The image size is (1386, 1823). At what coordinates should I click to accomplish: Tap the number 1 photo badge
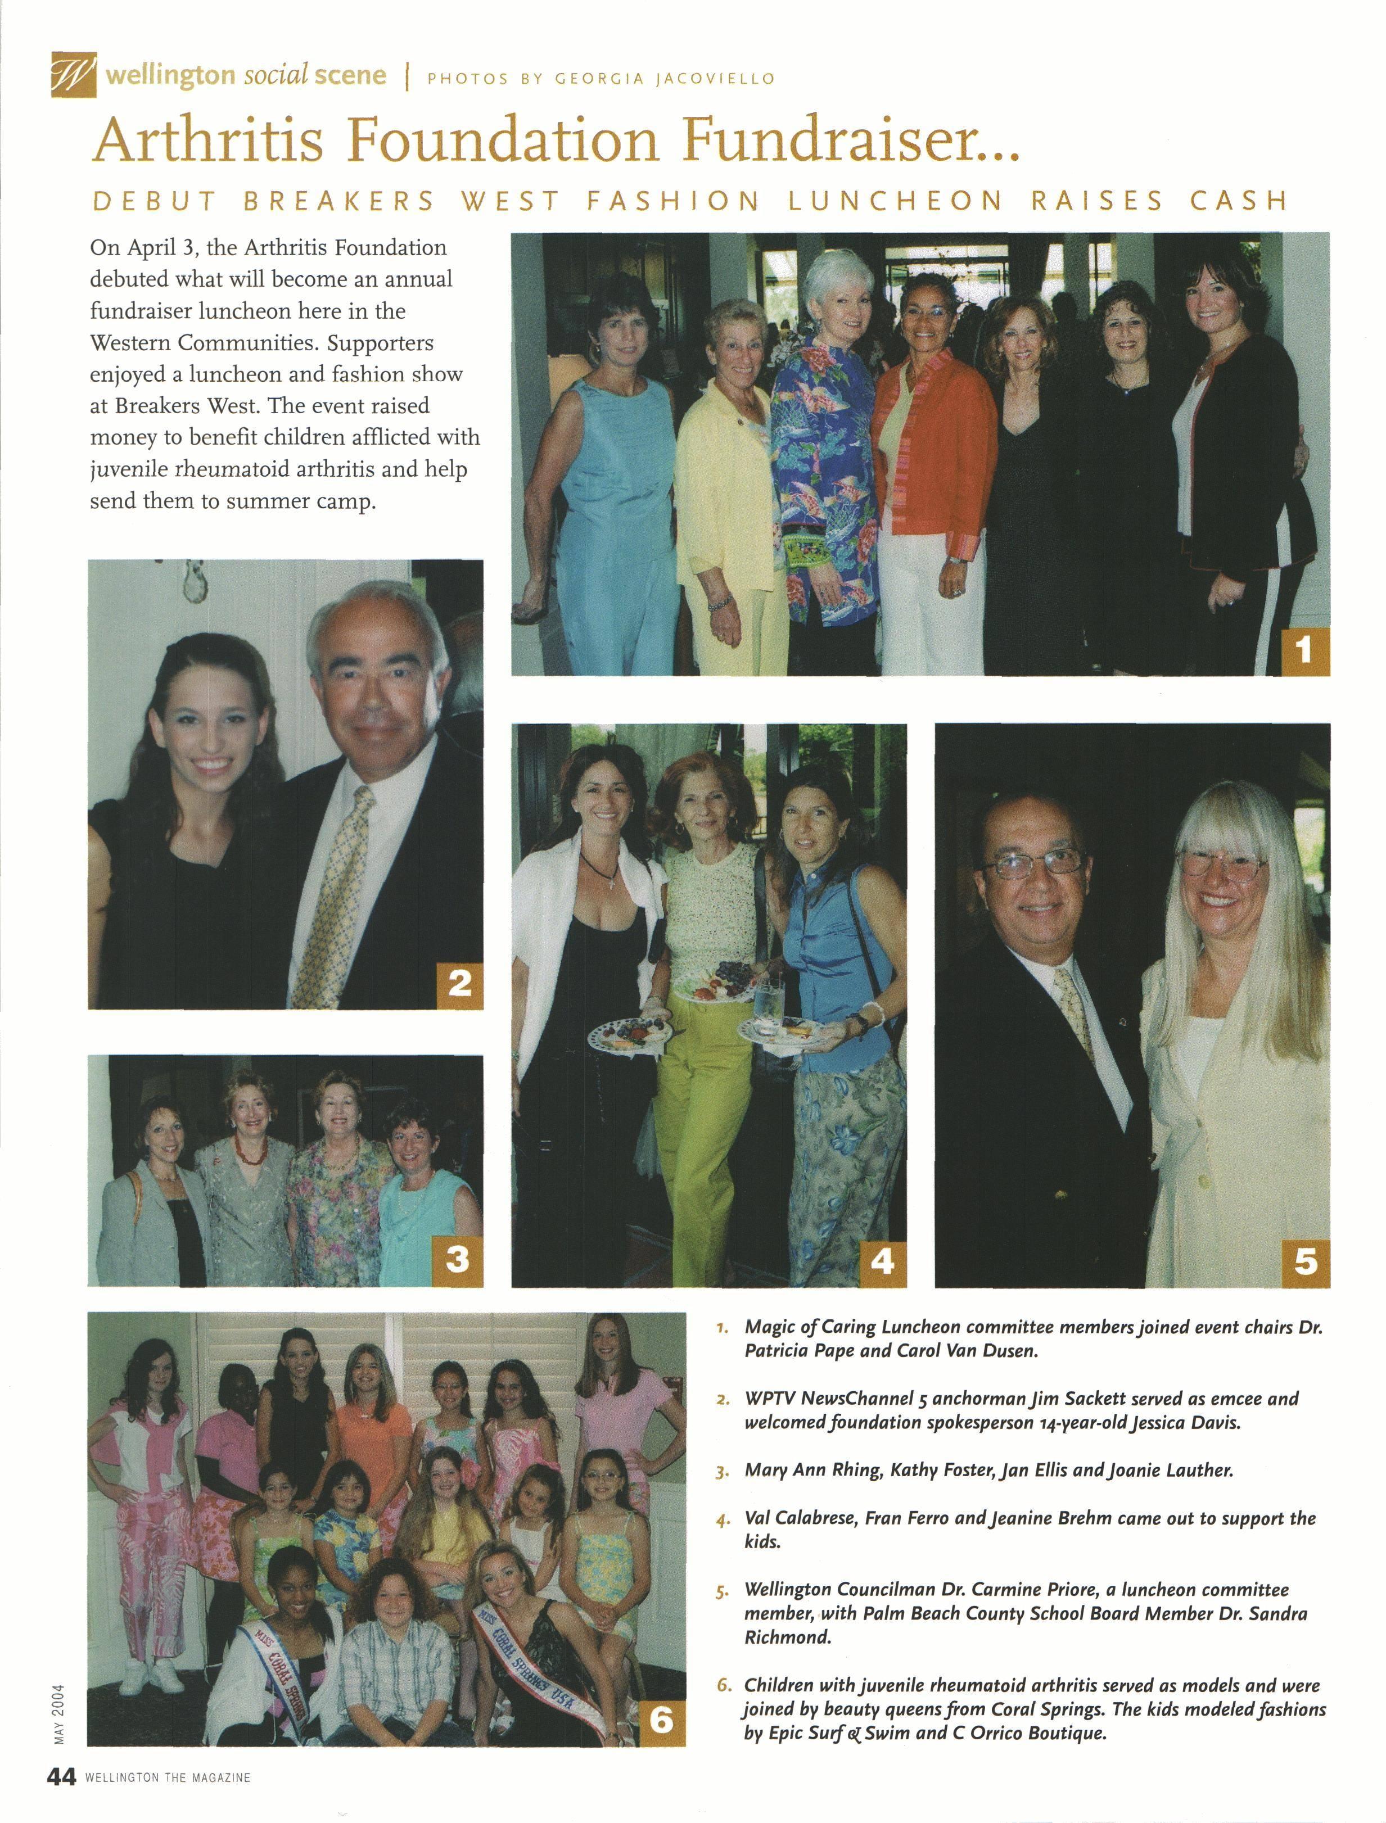pos(1304,651)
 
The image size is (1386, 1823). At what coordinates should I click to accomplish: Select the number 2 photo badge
pos(459,984)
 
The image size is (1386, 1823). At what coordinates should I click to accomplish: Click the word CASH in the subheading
pos(1238,201)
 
